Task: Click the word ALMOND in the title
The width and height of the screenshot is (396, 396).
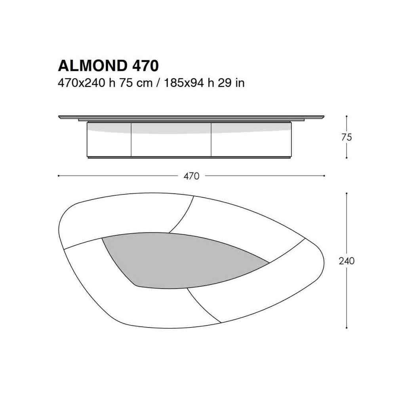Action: coord(93,66)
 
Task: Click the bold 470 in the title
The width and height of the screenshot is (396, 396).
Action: coord(145,66)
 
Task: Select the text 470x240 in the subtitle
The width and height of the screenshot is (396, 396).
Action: coord(81,83)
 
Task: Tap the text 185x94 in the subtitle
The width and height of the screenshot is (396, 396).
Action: coord(184,83)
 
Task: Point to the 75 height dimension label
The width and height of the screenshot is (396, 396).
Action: coord(346,137)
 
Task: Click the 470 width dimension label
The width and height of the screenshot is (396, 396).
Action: coord(191,176)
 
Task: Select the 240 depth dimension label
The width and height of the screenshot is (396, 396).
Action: coord(346,261)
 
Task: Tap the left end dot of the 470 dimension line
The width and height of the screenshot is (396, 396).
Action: coord(58,176)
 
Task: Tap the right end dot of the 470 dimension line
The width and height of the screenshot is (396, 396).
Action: coord(324,176)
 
